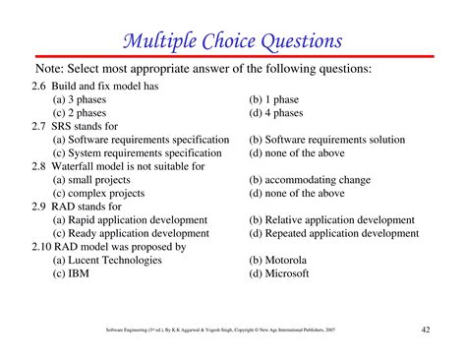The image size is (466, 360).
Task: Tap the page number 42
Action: coord(425,329)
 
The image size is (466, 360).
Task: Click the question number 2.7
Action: coord(39,126)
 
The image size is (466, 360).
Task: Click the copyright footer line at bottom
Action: coord(220,330)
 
